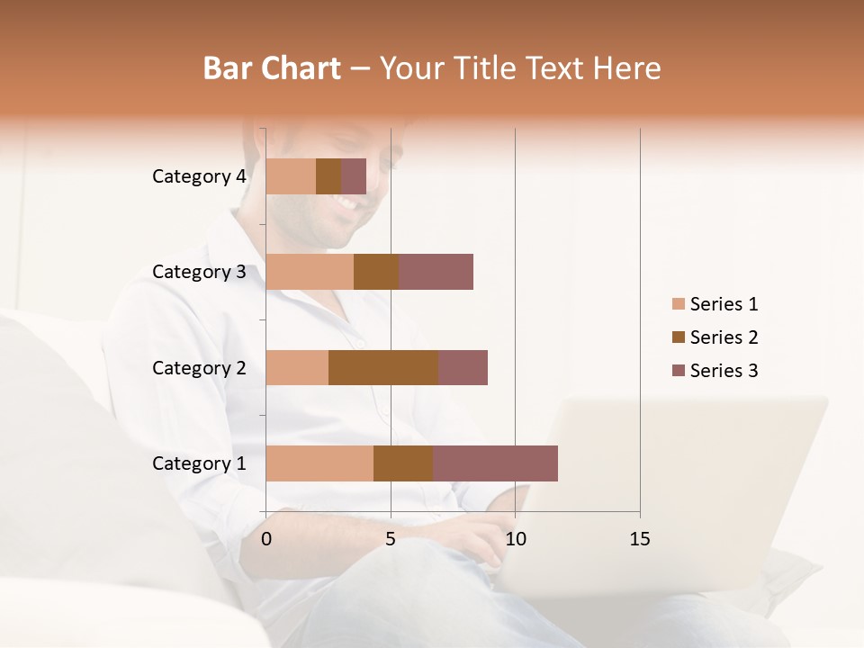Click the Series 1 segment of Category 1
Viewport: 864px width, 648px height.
point(319,463)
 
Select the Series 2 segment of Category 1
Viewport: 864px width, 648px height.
point(403,463)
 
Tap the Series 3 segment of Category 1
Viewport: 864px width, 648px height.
point(495,463)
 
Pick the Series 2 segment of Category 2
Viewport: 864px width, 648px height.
point(383,367)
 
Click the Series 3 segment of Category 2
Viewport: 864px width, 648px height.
point(463,367)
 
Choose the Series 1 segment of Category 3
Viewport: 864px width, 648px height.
point(310,272)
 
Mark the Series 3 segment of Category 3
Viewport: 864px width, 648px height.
point(436,272)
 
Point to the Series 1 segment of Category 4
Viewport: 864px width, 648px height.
point(291,176)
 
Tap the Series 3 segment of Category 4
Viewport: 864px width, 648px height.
point(354,176)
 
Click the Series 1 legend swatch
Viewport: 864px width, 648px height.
point(678,304)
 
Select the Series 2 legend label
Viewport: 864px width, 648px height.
point(724,337)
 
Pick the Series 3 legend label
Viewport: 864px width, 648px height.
point(724,371)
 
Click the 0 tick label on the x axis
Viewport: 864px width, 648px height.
point(266,539)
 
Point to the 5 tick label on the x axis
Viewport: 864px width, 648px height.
point(391,539)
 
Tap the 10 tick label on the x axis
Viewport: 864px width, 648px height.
point(515,539)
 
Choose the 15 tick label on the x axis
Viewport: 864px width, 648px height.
point(639,539)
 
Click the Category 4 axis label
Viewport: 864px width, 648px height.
point(199,176)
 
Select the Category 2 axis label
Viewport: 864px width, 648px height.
point(199,367)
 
